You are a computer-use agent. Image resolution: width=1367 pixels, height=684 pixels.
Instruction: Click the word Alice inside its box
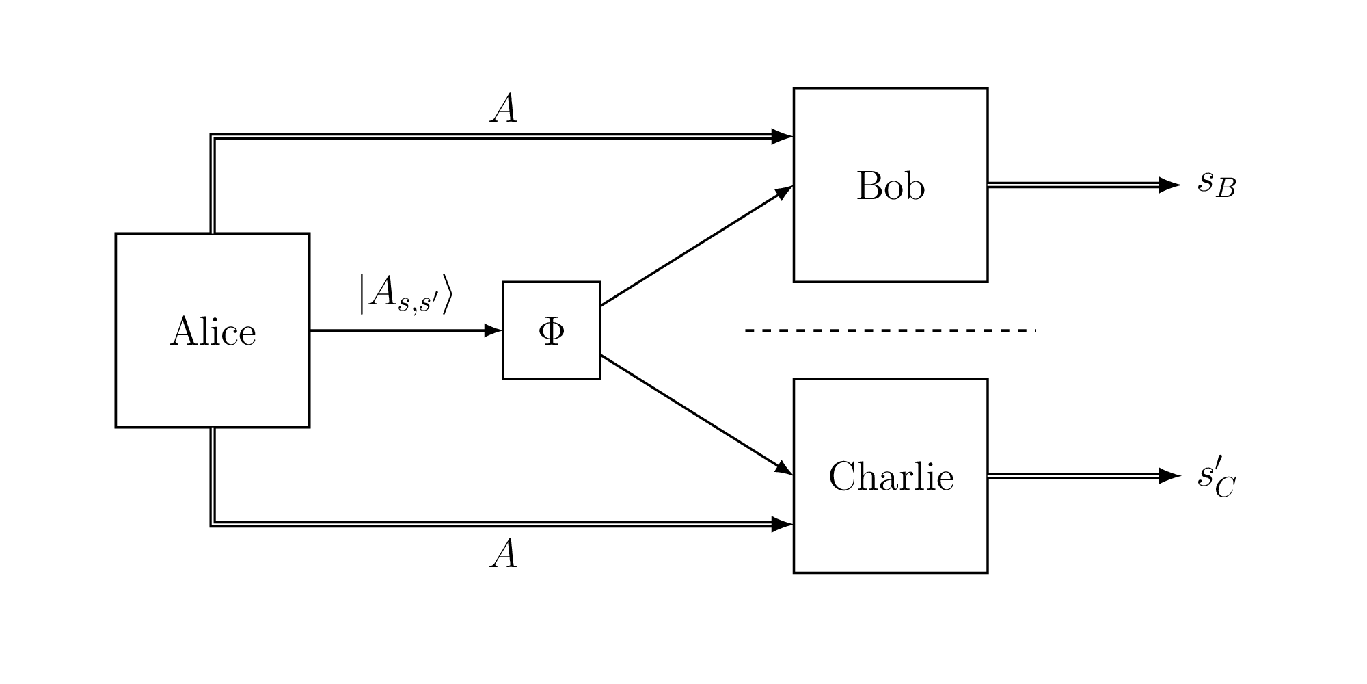pos(213,332)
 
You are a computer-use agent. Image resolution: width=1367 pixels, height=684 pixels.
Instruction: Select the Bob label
pos(890,186)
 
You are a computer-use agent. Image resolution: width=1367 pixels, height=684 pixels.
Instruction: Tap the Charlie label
pos(891,477)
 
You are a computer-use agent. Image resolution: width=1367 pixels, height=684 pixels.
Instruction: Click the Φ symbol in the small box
pos(552,331)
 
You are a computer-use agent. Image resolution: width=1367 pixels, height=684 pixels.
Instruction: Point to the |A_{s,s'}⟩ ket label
pos(405,294)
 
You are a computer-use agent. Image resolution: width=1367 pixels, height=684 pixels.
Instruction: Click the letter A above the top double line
pos(504,109)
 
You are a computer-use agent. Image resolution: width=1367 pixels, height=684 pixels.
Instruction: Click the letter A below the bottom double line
pos(504,555)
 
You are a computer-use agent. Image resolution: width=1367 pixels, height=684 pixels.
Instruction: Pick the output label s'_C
pos(1216,478)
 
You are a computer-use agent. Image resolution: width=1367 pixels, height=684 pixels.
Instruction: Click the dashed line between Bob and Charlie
pos(890,330)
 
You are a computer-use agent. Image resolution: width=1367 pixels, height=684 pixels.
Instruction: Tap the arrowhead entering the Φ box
pos(493,330)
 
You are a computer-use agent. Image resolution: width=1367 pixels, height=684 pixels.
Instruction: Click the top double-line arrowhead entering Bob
pos(782,137)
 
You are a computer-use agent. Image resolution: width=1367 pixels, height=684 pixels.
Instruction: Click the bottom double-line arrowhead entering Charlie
pos(782,525)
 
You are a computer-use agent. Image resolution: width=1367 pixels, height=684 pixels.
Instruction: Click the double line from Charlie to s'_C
pos(1073,475)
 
